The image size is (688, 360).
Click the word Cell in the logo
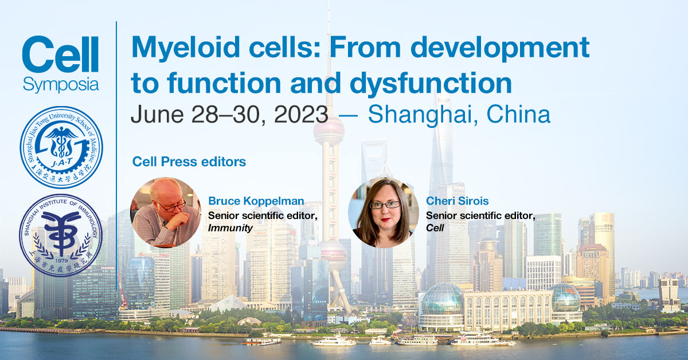pyautogui.click(x=60, y=56)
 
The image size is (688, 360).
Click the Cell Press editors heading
pyautogui.click(x=189, y=162)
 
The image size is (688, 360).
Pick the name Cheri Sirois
pyautogui.click(x=458, y=201)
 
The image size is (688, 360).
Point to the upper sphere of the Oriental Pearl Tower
pyautogui.click(x=329, y=131)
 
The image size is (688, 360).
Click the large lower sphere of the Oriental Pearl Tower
pyautogui.click(x=333, y=252)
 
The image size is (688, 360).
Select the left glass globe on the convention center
pyautogui.click(x=442, y=299)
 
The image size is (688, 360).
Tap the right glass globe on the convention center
pyautogui.click(x=565, y=298)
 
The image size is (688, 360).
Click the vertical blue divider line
pyautogui.click(x=117, y=143)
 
